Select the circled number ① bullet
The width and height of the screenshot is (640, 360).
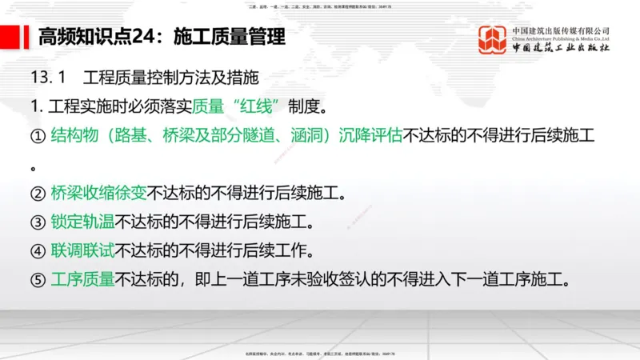pos(38,135)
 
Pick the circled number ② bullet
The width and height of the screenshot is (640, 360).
pos(38,193)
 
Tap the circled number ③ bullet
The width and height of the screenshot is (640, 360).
pos(38,222)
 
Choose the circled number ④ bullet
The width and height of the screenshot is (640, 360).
pos(38,250)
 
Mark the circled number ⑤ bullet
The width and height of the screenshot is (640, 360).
pos(38,279)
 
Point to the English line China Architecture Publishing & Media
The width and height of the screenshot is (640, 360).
pos(561,38)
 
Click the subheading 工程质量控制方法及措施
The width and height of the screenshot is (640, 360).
pos(170,78)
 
